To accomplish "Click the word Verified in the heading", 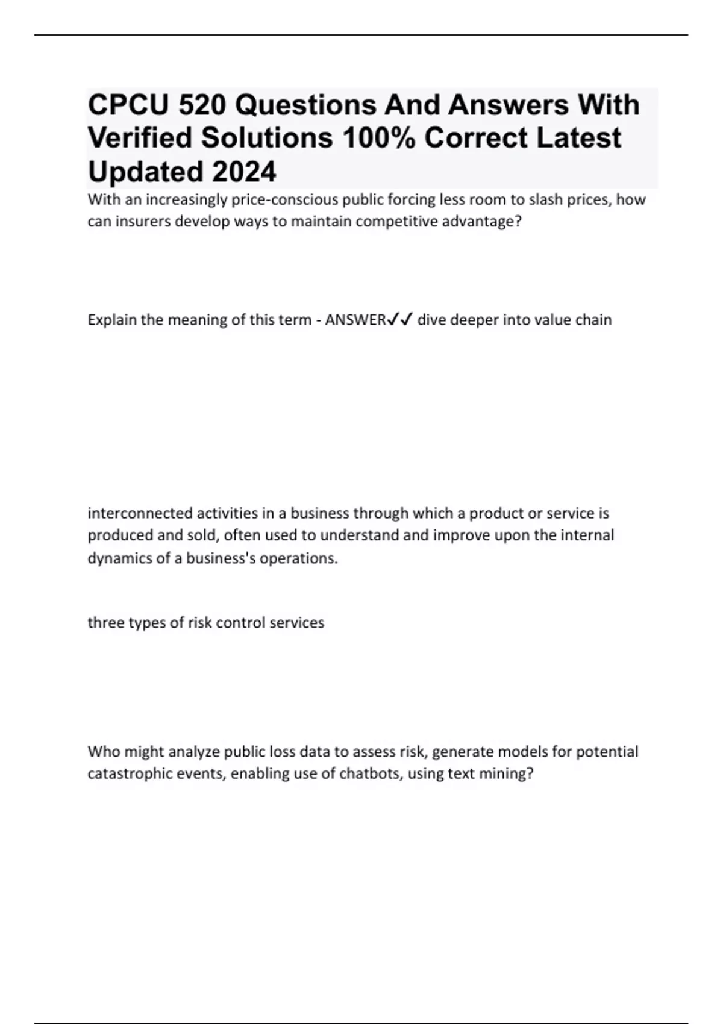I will tap(140, 138).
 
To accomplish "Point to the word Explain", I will tap(112, 320).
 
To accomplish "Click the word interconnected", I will tap(140, 513).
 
